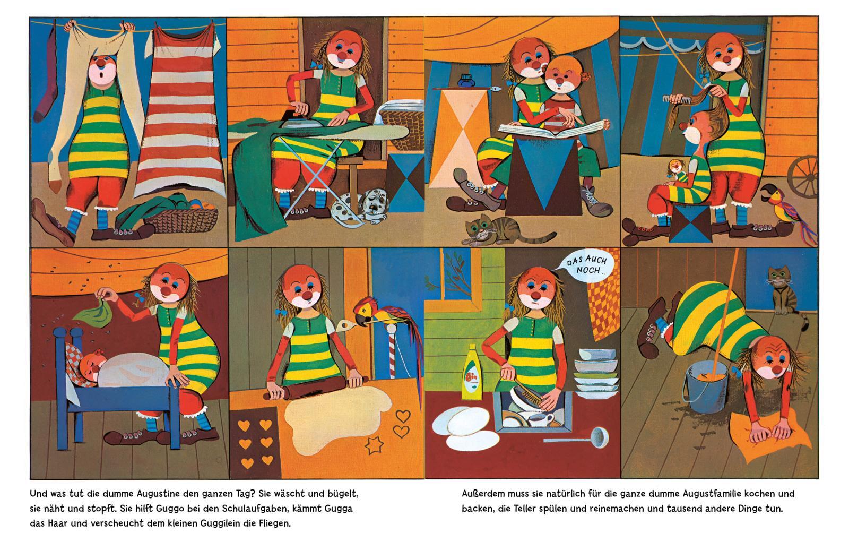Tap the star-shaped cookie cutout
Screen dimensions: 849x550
[x=374, y=444]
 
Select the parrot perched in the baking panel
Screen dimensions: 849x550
[x=387, y=326]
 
